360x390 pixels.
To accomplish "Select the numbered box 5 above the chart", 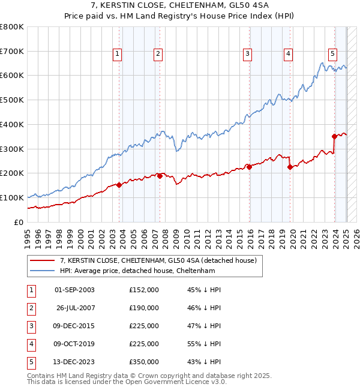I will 332,53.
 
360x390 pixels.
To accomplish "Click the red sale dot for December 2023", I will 335,136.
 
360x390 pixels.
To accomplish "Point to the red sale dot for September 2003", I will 119,185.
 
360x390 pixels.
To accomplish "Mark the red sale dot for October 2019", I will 290,167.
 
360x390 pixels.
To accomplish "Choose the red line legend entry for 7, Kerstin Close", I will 158,260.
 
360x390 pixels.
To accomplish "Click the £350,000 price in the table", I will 144,362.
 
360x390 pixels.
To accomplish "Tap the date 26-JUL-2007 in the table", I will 74,308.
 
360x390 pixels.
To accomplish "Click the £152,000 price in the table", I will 144,290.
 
